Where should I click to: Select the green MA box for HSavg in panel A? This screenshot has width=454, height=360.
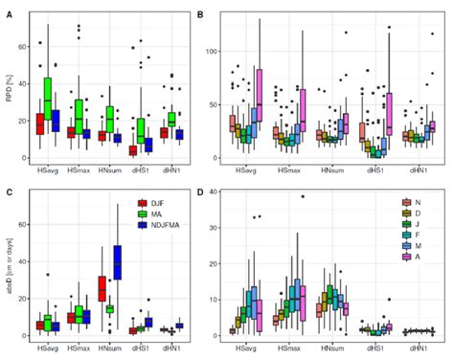point(48,97)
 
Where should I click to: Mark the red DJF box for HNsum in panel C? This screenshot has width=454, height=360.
point(102,287)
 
